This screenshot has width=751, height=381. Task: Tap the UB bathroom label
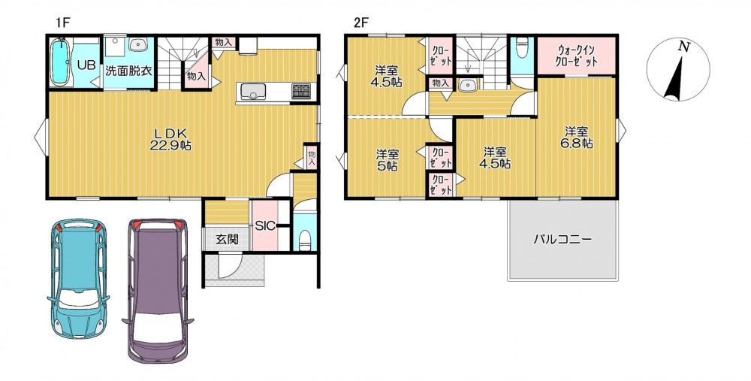(x=86, y=65)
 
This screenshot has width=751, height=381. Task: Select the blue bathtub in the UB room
(x=61, y=62)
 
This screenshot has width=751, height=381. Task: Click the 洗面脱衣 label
(x=128, y=71)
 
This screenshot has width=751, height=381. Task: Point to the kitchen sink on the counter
(x=253, y=91)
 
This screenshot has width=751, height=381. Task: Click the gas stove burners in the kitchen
(x=301, y=90)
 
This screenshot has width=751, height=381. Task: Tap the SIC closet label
(x=265, y=225)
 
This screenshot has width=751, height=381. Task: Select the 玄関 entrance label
(x=227, y=240)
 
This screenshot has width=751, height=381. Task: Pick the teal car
(x=78, y=279)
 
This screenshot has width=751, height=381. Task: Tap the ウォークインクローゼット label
(x=577, y=56)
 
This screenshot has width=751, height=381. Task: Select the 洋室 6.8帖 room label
(x=578, y=138)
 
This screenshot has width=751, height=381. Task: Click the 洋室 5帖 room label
(x=386, y=161)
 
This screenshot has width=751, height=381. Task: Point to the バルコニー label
(x=562, y=239)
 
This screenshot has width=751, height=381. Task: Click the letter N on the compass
(x=683, y=47)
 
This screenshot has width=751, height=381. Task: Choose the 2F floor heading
(x=360, y=23)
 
